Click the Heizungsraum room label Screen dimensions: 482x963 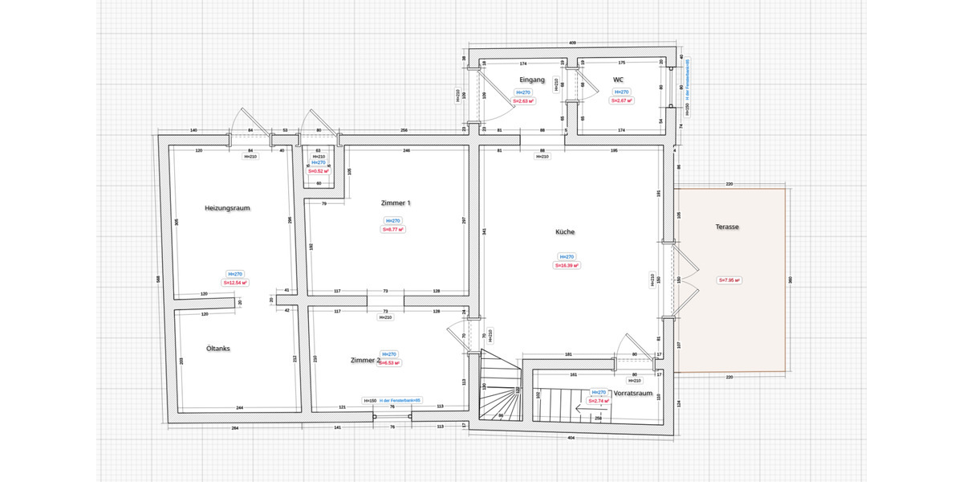(x=228, y=208)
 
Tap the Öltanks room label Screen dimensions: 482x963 (x=218, y=348)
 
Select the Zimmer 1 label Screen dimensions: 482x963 (x=396, y=203)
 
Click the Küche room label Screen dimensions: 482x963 (x=565, y=231)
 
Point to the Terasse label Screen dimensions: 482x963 (x=727, y=227)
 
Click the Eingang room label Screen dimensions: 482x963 (x=532, y=80)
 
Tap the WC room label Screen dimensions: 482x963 (x=618, y=80)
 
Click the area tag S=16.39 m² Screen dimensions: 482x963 (x=567, y=265)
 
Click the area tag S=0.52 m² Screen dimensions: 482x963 (x=319, y=170)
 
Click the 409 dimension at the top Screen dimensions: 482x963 (x=572, y=42)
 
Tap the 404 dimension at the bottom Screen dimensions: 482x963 (x=570, y=439)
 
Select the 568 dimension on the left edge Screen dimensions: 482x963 (x=158, y=280)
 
